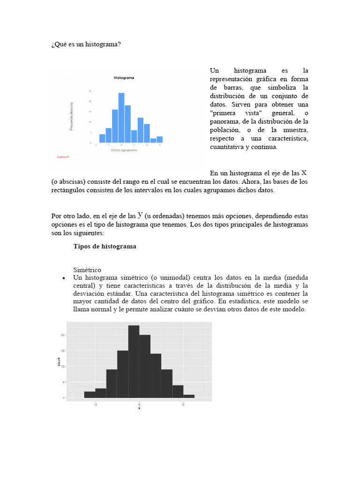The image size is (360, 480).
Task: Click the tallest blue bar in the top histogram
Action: coord(121,118)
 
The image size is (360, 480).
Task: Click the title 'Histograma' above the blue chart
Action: coord(124,79)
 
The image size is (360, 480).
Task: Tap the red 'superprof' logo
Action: coord(62,157)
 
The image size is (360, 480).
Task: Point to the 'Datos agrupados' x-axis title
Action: coord(124,150)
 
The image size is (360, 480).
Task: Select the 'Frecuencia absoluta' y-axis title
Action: coord(72,116)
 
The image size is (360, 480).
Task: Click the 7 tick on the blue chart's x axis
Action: coord(159,145)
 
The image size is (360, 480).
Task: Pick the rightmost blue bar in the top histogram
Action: coord(159,139)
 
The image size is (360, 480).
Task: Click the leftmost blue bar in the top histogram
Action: coord(102,138)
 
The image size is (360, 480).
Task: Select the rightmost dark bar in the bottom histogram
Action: coord(189,396)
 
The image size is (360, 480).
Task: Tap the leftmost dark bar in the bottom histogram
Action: coord(90,395)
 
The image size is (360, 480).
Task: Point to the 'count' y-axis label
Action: coord(59,362)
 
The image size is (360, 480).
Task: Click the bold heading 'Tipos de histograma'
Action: coord(105,246)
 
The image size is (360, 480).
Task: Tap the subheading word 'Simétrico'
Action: coord(87,270)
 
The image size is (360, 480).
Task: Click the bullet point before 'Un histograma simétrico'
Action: coord(63,278)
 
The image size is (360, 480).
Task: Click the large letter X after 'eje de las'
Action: coord(304,172)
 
